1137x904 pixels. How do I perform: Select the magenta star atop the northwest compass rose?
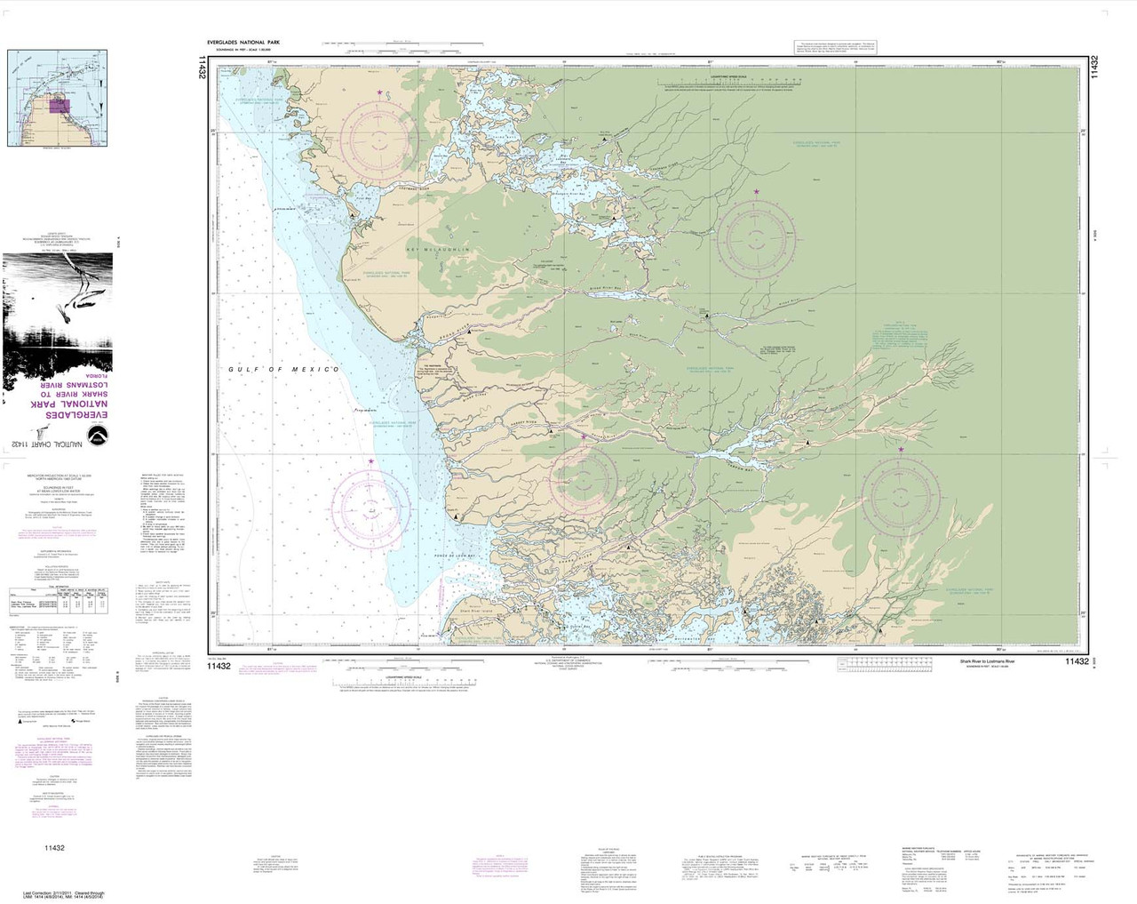click(x=381, y=92)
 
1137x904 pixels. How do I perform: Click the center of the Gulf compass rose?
click(x=372, y=504)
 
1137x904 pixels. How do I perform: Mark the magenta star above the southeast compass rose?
click(x=902, y=450)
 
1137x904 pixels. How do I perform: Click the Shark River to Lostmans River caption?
click(x=992, y=662)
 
